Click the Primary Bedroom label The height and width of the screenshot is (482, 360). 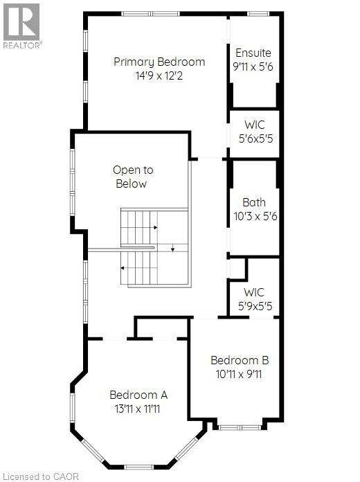pyautogui.click(x=159, y=62)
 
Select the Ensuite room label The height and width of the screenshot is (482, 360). pyautogui.click(x=253, y=53)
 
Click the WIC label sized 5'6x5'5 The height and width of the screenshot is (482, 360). pyautogui.click(x=253, y=125)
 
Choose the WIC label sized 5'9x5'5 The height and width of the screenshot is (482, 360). pyautogui.click(x=253, y=292)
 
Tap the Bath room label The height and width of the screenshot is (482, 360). pyautogui.click(x=253, y=203)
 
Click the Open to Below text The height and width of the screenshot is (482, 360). pyautogui.click(x=133, y=177)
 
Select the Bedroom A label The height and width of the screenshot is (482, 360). pyautogui.click(x=138, y=395)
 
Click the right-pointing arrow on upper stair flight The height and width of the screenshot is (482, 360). pyautogui.click(x=156, y=227)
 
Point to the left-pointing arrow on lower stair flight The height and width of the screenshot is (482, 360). pyautogui.click(x=123, y=267)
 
